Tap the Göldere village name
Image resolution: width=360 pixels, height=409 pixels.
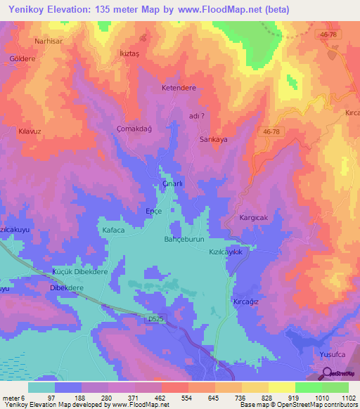[22, 59]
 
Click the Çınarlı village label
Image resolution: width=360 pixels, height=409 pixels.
[172, 184]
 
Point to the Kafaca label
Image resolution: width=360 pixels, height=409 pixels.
[112, 230]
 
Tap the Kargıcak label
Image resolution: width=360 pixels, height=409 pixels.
[254, 218]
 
